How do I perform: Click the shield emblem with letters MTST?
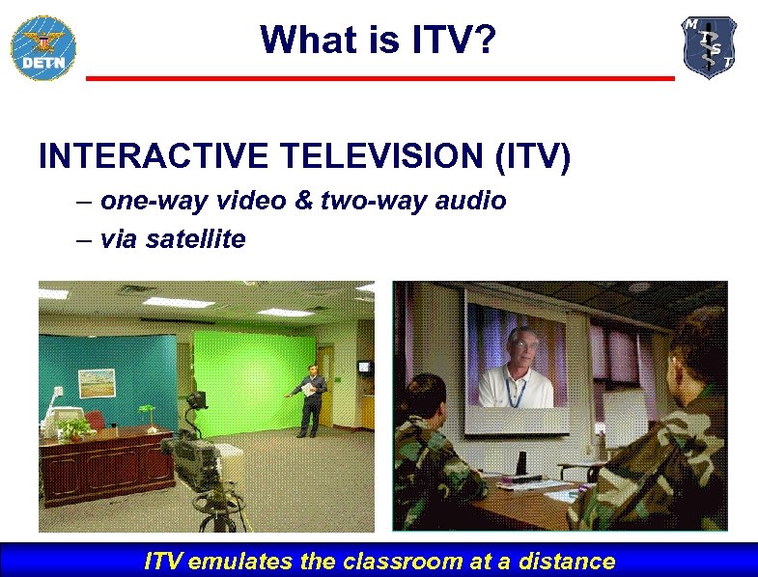710,47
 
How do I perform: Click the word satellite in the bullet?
196,238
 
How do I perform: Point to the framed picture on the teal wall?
97,384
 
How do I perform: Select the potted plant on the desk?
75,426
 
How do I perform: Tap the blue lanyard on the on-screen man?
515,390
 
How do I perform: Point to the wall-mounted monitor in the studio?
364,367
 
